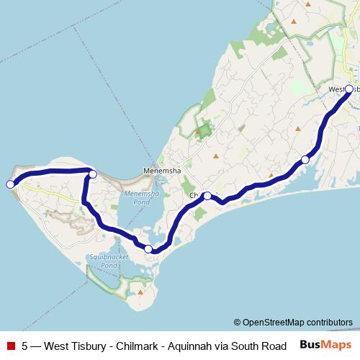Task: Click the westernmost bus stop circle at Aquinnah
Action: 10,184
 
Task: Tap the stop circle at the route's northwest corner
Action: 92,174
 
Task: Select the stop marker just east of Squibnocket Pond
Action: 148,249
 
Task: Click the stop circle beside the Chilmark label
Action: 207,196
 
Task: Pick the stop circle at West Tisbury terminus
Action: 349,89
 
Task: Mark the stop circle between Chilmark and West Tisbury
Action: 305,159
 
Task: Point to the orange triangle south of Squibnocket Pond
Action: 141,293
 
